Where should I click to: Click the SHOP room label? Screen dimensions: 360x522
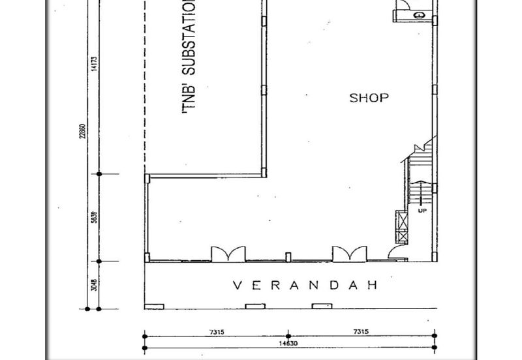[x=369, y=98]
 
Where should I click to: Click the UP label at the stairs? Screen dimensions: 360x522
[x=422, y=211]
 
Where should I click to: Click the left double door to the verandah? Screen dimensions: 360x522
[x=228, y=253]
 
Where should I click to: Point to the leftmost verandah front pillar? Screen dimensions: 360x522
[x=154, y=306]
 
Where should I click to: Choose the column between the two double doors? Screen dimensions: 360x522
[x=288, y=255]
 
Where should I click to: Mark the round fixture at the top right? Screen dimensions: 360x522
[x=418, y=14]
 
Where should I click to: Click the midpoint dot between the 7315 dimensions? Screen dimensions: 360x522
[x=289, y=337]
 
